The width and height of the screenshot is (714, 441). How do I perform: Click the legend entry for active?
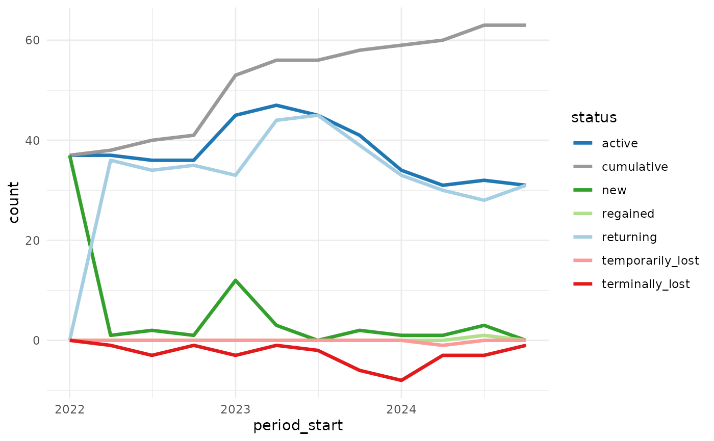pos(620,143)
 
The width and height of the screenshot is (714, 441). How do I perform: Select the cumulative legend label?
pos(634,167)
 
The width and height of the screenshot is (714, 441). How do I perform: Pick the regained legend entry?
pos(628,214)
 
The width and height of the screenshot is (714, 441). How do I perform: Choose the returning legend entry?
pos(629,237)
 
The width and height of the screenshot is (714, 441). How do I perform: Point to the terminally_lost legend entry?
pos(646,284)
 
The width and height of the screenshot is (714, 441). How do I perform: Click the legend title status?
pos(594,117)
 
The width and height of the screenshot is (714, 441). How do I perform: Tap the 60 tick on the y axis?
pos(33,40)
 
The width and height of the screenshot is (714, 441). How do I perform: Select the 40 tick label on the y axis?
pos(33,140)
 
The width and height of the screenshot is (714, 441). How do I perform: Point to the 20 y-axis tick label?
pos(33,240)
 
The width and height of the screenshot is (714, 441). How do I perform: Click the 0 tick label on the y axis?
pos(37,340)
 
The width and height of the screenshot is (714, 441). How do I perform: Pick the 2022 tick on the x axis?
pos(69,409)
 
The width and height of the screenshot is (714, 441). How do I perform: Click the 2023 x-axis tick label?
pos(235,409)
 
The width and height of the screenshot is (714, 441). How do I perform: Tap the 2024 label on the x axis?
pos(401,409)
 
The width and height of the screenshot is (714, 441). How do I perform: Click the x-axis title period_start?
pos(298,426)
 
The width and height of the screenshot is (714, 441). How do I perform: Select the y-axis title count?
pos(14,202)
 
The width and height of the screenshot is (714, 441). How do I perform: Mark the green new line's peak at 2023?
pos(235,280)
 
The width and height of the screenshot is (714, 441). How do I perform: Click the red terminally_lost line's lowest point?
pos(401,380)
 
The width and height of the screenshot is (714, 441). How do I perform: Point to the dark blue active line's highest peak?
pos(276,106)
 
